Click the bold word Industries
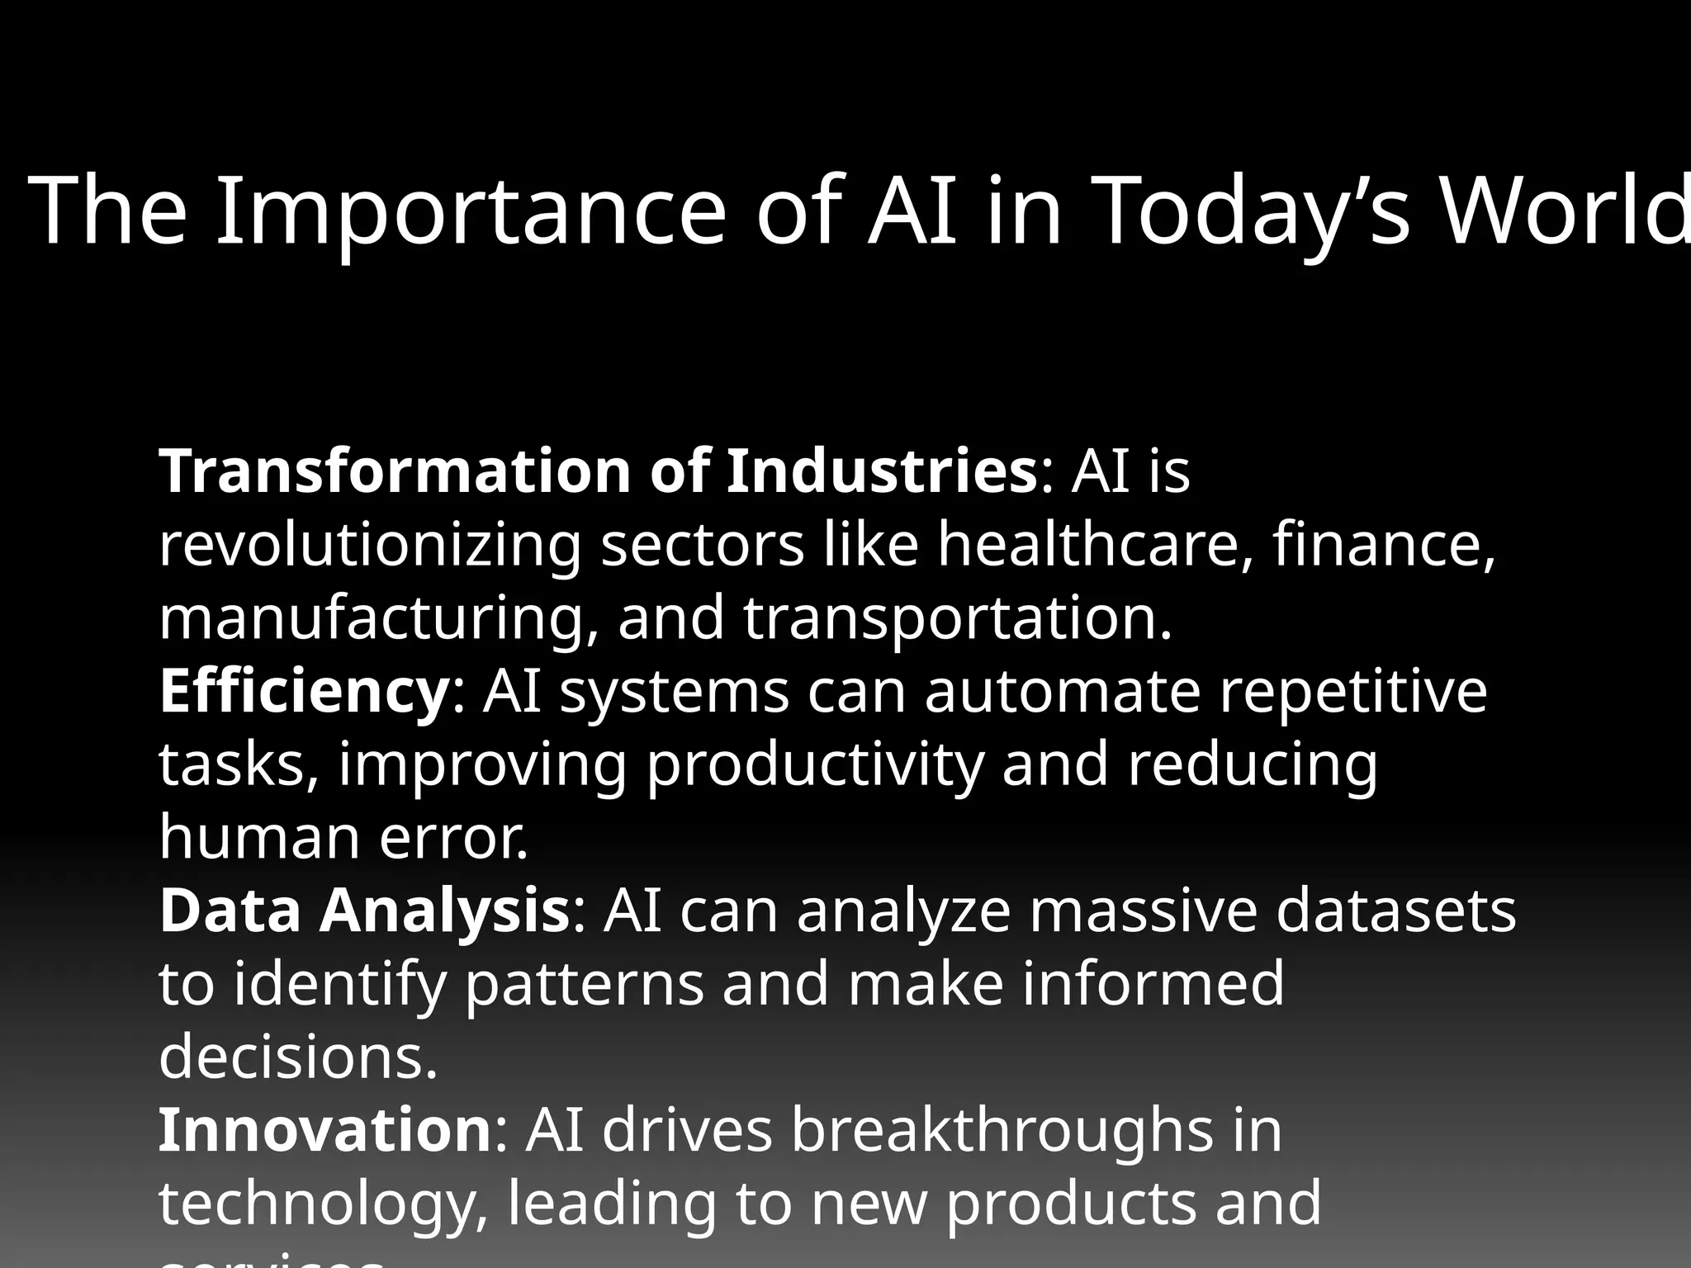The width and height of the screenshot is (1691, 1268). tap(881, 471)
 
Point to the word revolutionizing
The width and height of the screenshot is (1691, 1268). tap(370, 546)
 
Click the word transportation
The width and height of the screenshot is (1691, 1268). tap(958, 618)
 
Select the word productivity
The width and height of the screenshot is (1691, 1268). tap(815, 765)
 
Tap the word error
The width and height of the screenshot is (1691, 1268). tap(453, 837)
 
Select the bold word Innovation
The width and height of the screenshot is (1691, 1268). tap(325, 1130)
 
